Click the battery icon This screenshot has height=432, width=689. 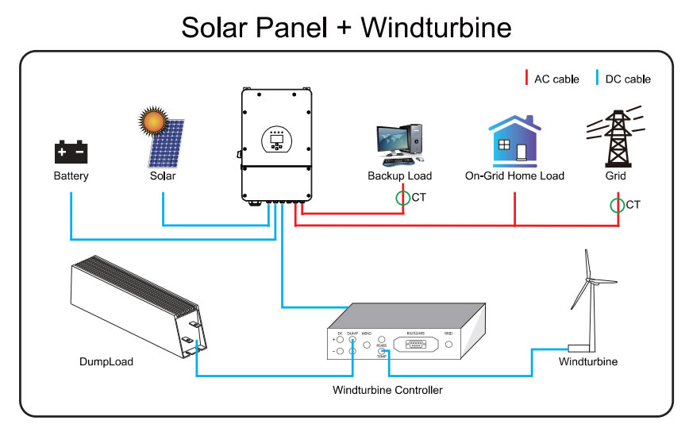coord(71,151)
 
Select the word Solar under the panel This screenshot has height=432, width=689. coord(162,175)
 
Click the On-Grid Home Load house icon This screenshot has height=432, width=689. coord(514,141)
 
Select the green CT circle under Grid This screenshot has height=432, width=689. coord(617,206)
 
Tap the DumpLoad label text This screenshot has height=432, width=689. coord(106,361)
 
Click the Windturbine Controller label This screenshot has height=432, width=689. coord(387,389)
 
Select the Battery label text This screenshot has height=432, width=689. coord(71,175)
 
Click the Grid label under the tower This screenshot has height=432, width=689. coord(615,175)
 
